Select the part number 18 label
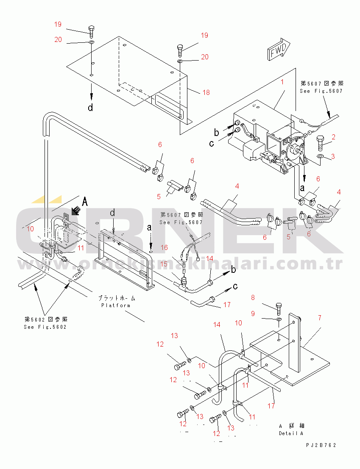[x=207, y=92]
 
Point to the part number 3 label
[x=333, y=156]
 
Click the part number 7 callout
[x=319, y=317]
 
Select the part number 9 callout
[x=253, y=314]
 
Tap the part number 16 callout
[x=164, y=247]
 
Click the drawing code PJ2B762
[x=321, y=445]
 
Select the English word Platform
[x=116, y=305]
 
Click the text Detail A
[x=291, y=433]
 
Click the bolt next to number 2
[x=321, y=143]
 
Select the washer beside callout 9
[x=278, y=318]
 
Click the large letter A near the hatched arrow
[x=85, y=202]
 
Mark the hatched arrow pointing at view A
[x=75, y=210]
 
